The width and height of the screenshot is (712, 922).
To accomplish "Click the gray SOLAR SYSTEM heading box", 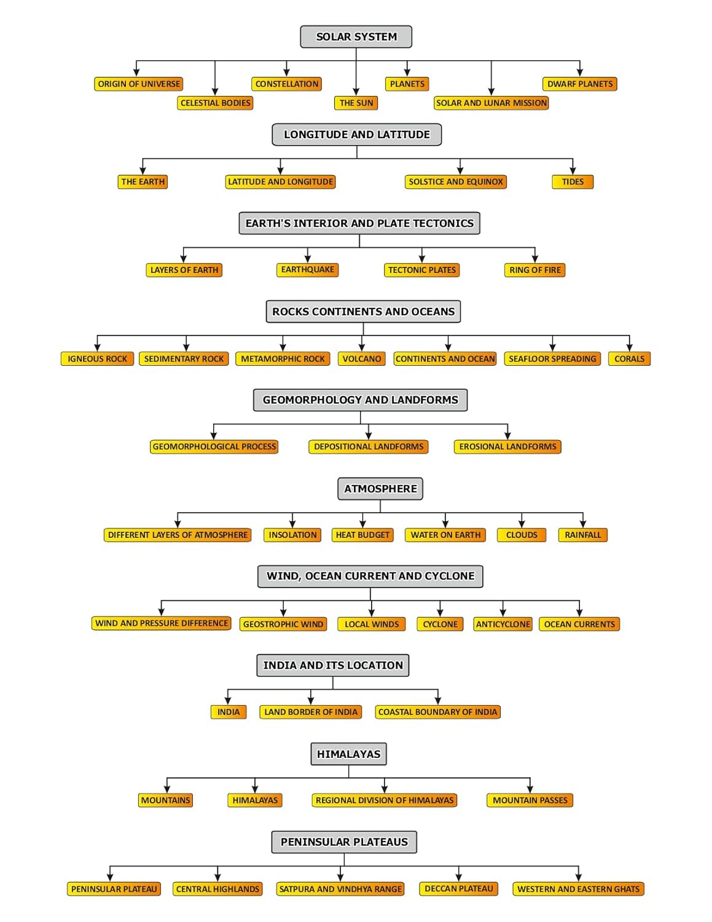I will coord(356,37).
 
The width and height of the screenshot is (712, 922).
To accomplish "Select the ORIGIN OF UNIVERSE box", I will coord(139,84).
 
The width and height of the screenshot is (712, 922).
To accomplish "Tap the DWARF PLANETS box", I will coord(580,84).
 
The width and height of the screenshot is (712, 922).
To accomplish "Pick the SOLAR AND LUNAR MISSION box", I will coord(491,103).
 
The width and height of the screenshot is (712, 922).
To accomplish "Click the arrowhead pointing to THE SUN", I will coord(356,92).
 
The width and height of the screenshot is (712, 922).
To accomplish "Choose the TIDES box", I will coord(573,182).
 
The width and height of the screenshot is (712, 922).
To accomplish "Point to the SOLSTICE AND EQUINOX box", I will coord(456,182).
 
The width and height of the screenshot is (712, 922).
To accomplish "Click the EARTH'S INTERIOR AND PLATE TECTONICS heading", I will coord(359,223).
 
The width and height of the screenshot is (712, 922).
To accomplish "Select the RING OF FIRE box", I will coord(535,270).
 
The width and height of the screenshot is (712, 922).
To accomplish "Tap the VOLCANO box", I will coord(362,359).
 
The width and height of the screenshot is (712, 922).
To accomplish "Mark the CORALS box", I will coord(629,359).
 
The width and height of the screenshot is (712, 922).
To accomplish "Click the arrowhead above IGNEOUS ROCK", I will coord(98,347).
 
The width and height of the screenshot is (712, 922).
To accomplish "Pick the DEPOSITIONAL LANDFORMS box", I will coord(369,447).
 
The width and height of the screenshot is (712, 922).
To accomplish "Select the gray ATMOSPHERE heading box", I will coord(380,489).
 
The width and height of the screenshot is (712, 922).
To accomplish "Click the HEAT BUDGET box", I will coord(362,535).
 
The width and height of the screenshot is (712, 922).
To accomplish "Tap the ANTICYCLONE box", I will coord(503,625).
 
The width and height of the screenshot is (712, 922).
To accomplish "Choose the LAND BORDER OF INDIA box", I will coord(310,712).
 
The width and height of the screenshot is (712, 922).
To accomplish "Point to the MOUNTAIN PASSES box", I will coord(530,800).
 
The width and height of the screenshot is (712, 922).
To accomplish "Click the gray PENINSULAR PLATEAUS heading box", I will coord(344,842).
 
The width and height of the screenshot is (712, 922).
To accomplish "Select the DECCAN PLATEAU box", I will coord(459,889).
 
